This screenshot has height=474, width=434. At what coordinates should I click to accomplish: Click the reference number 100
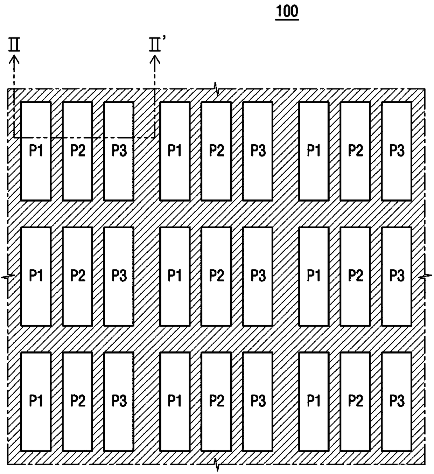click(x=287, y=11)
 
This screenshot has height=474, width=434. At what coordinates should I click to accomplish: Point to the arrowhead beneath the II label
click(x=14, y=60)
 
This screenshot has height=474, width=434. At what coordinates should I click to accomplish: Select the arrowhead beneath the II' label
click(x=155, y=60)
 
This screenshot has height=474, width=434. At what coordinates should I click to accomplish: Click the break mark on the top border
click(x=216, y=89)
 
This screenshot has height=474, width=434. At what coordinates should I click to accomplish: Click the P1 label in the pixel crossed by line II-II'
click(x=36, y=150)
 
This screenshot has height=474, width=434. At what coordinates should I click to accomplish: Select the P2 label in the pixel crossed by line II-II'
click(x=78, y=150)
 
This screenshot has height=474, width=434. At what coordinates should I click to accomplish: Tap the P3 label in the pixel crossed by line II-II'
click(x=119, y=150)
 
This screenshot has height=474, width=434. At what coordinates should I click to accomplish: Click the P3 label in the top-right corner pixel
click(x=397, y=150)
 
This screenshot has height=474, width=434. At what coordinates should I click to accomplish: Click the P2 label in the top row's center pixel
click(x=217, y=150)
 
